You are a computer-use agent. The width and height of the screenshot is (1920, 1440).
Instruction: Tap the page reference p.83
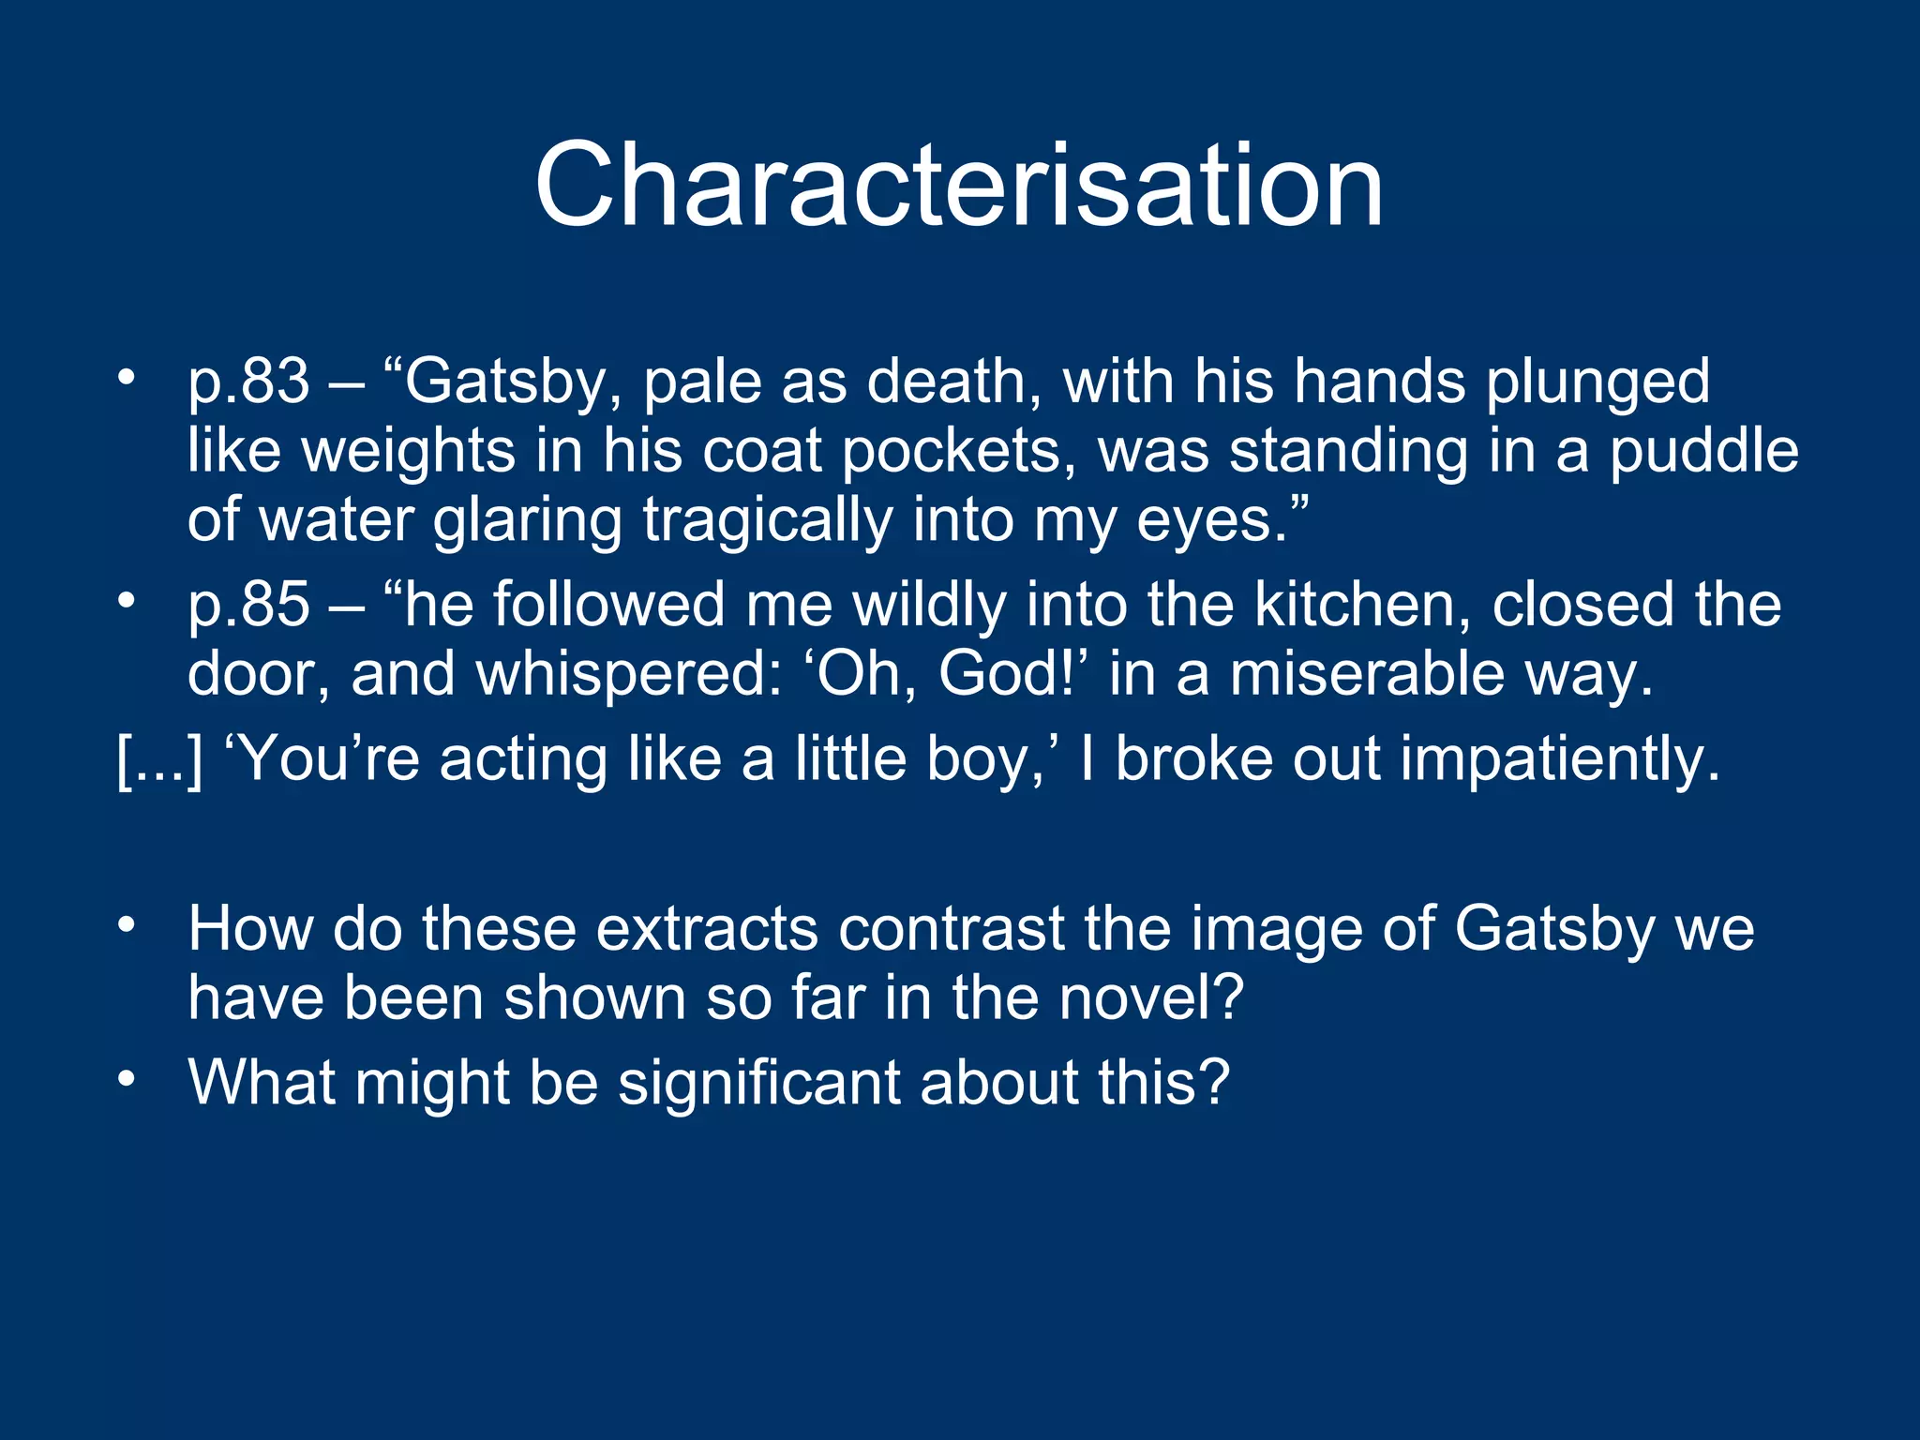[x=248, y=383]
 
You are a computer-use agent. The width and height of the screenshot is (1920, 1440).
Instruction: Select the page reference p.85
[x=248, y=605]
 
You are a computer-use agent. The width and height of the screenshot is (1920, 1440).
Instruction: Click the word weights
[x=408, y=451]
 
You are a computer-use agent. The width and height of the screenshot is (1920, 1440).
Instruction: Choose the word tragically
[x=768, y=521]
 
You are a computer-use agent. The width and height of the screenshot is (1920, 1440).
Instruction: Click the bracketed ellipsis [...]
[x=159, y=759]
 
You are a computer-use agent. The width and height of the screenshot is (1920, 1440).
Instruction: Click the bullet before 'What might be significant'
[x=127, y=1078]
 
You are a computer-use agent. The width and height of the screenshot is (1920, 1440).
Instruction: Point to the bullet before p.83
[x=127, y=378]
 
